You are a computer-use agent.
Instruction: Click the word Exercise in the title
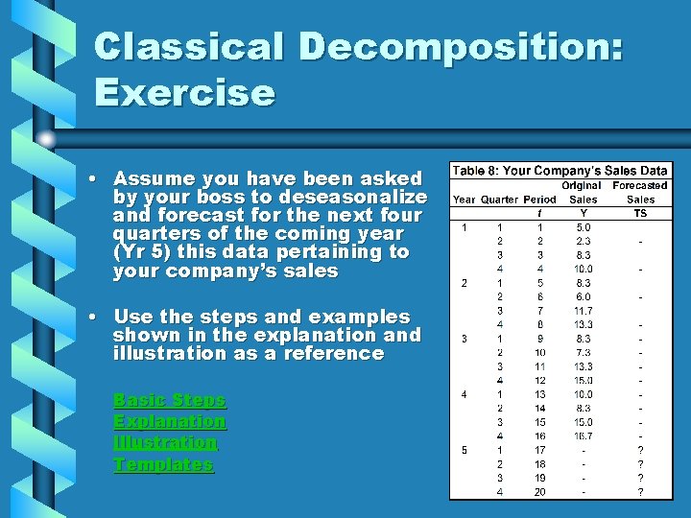pos(184,93)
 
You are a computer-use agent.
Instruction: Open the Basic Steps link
pos(169,399)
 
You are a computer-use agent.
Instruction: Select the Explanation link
pos(169,421)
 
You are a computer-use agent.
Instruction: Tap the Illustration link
pos(165,442)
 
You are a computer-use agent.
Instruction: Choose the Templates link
pos(163,464)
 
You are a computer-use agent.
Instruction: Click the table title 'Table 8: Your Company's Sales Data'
pos(560,171)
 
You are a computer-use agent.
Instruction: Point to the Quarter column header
pos(499,200)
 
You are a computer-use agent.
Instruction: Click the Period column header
pos(539,200)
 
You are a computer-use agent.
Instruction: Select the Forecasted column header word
pos(640,185)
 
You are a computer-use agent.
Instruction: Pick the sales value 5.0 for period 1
pos(583,227)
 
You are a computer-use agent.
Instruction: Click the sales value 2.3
pos(583,241)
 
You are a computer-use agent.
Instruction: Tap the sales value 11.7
pos(583,311)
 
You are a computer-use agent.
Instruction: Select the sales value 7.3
pos(583,353)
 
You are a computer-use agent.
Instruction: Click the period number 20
pos(540,492)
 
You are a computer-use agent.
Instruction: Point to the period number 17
pos(540,450)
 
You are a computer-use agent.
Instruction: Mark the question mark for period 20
pos(640,492)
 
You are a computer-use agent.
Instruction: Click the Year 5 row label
pos(464,450)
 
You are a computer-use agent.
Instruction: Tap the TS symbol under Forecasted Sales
pos(640,213)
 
